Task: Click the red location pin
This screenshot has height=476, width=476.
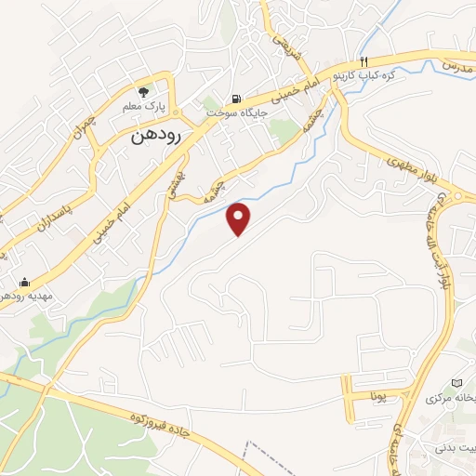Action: click(240, 218)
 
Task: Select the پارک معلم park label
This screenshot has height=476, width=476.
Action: click(143, 107)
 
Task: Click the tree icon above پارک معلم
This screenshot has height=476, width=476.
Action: click(143, 91)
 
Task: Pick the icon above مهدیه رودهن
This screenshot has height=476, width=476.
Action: click(24, 282)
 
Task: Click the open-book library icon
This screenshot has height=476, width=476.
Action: click(456, 383)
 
